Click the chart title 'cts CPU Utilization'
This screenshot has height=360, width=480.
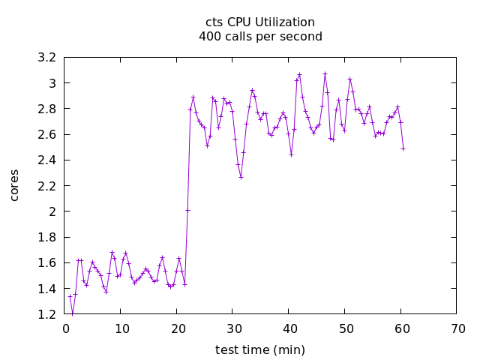pyautogui.click(x=260, y=22)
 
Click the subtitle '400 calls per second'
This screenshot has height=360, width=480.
pyautogui.click(x=260, y=36)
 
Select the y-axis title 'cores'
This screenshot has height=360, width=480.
pyautogui.click(x=14, y=184)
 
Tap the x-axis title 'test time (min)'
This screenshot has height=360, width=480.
pyautogui.click(x=260, y=349)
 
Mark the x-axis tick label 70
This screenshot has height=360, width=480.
pyautogui.click(x=457, y=328)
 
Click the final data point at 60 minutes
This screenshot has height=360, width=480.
pyautogui.click(x=403, y=148)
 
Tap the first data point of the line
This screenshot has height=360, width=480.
pyautogui.click(x=70, y=296)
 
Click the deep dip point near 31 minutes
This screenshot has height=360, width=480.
pyautogui.click(x=241, y=177)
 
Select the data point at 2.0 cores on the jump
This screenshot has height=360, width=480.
pyautogui.click(x=187, y=210)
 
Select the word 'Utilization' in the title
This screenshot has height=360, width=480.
pyautogui.click(x=285, y=22)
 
